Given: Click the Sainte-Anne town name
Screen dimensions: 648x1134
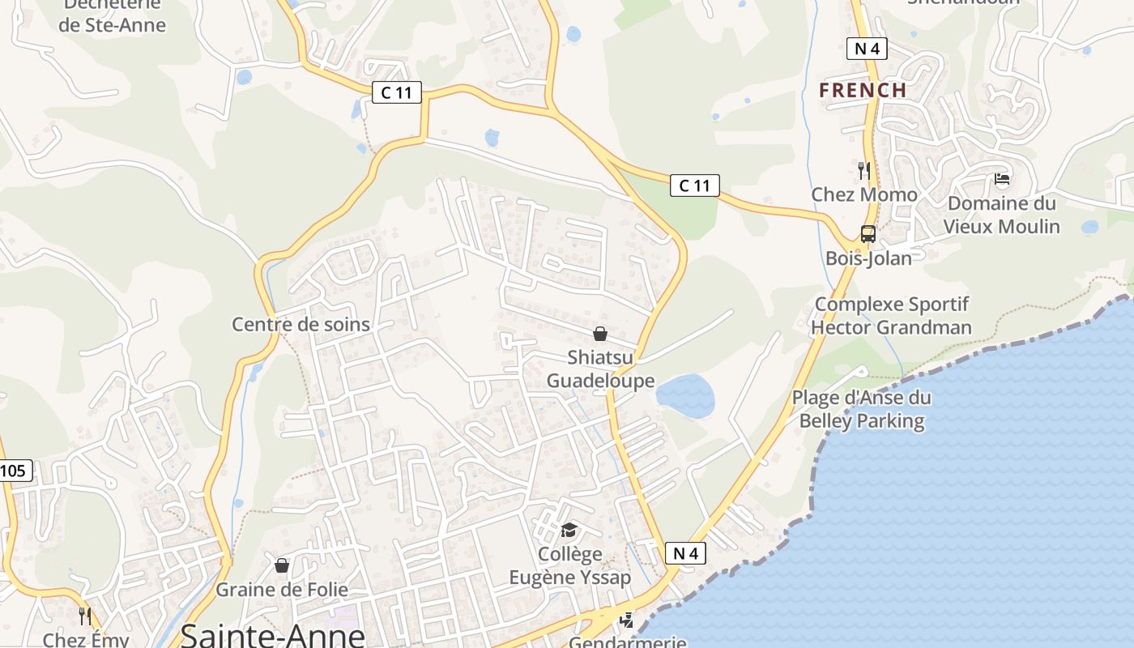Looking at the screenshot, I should pyautogui.click(x=272, y=633).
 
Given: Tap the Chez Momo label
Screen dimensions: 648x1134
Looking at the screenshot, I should pyautogui.click(x=864, y=194).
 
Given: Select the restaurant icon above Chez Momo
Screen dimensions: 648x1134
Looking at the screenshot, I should pyautogui.click(x=864, y=170).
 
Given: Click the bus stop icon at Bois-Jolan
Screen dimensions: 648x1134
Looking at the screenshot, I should pyautogui.click(x=868, y=234).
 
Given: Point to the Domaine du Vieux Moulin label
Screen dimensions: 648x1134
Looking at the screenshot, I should pyautogui.click(x=1001, y=215).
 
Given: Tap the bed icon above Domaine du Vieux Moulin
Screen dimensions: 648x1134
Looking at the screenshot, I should pyautogui.click(x=1002, y=179).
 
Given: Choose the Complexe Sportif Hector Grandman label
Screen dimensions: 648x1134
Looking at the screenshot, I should pyautogui.click(x=891, y=316).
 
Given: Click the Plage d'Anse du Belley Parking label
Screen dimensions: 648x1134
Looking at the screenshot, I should pyautogui.click(x=861, y=409).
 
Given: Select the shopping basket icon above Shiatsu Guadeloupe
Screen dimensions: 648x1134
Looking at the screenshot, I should pyautogui.click(x=600, y=334).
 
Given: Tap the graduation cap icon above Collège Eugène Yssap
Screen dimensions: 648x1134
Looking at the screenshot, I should pyautogui.click(x=569, y=531).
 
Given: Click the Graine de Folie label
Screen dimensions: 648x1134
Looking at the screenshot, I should pyautogui.click(x=281, y=590).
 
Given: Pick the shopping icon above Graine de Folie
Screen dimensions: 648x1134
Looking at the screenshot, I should pyautogui.click(x=282, y=565).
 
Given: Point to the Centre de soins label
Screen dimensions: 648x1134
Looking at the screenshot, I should pyautogui.click(x=301, y=324).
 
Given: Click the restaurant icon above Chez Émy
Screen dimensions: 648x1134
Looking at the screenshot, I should pyautogui.click(x=85, y=616).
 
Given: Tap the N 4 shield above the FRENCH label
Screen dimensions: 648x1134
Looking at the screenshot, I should pyautogui.click(x=867, y=49).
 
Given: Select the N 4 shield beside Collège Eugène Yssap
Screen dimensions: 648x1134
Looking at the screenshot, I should pyautogui.click(x=685, y=553).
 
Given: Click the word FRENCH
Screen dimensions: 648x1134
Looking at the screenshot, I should pyautogui.click(x=863, y=90).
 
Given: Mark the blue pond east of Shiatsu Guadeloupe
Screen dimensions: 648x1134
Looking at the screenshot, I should pyautogui.click(x=685, y=396).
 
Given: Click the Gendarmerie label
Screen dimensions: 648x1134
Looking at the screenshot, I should pyautogui.click(x=627, y=642).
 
